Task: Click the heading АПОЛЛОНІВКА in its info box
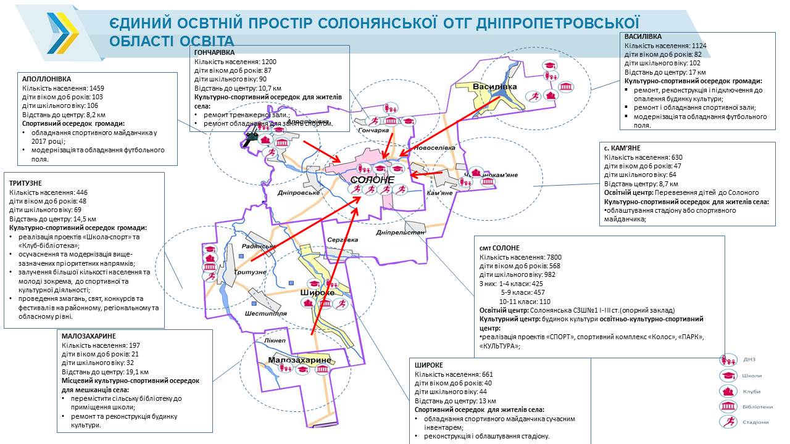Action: pos(46,79)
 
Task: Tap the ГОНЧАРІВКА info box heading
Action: pos(215,53)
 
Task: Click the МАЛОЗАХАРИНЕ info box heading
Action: pos(89,336)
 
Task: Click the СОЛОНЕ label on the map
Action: pos(372,179)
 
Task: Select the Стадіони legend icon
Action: pos(729,422)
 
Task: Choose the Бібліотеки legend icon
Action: pos(729,406)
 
